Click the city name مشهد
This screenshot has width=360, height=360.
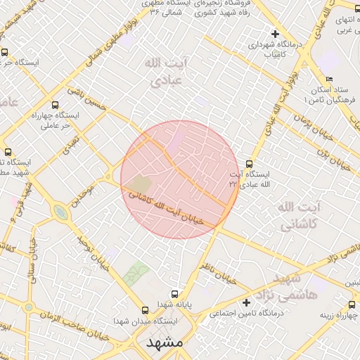166,344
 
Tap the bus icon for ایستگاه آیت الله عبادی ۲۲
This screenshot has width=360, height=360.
249,164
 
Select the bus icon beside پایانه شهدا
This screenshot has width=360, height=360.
175,295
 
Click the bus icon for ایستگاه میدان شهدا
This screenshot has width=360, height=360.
146,309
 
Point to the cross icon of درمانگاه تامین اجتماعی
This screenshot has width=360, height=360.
246,302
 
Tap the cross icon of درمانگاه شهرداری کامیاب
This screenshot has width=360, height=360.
275,33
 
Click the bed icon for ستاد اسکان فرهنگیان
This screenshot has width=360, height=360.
329,79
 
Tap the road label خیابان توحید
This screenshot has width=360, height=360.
87,252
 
